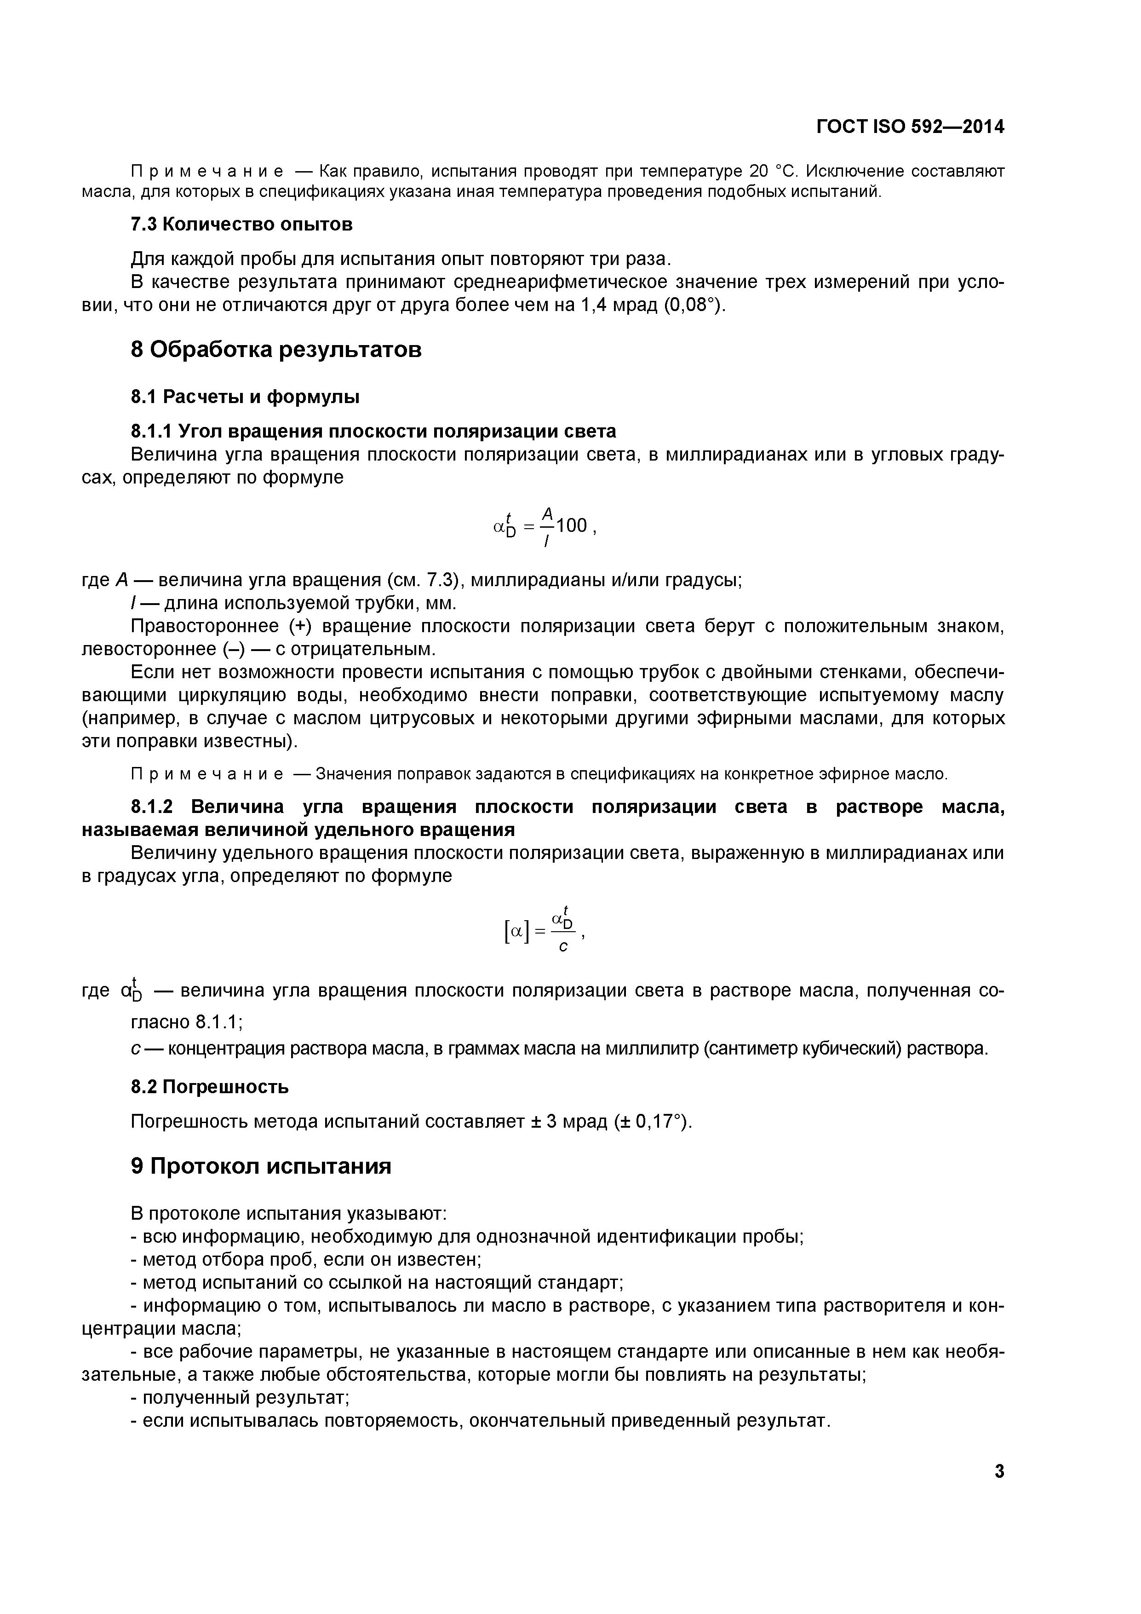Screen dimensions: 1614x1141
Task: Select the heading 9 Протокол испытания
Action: (x=261, y=1167)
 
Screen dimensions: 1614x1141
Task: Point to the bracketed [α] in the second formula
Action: (x=516, y=932)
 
